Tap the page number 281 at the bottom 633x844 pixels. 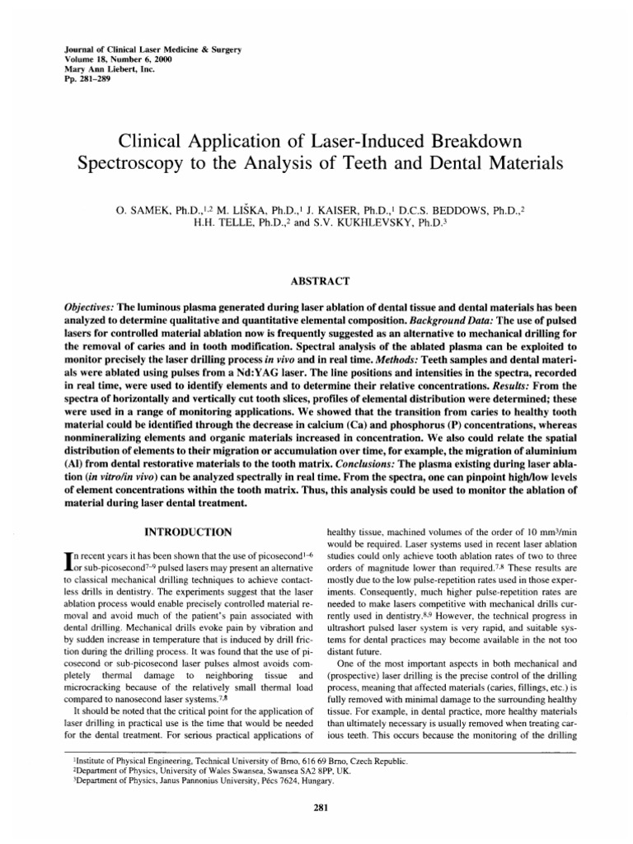point(316,783)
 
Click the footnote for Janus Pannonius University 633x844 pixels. point(198,757)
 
